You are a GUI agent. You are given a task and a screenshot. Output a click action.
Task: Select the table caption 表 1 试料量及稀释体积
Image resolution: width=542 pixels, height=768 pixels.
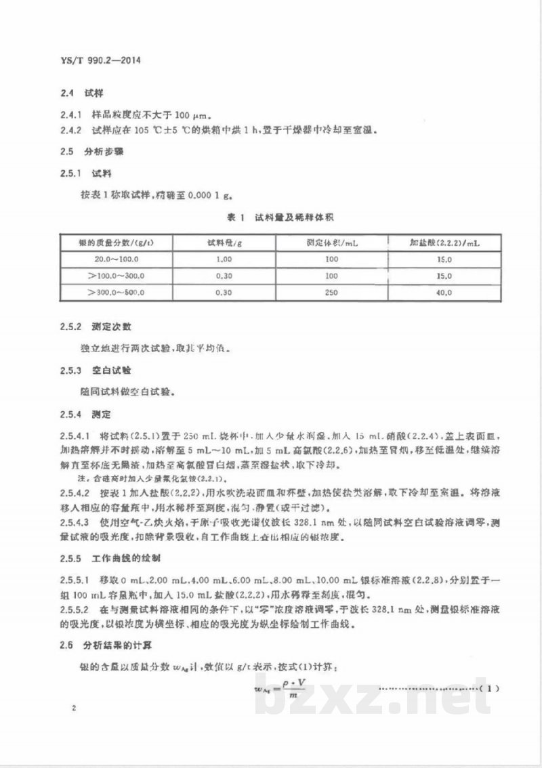[x=277, y=217]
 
